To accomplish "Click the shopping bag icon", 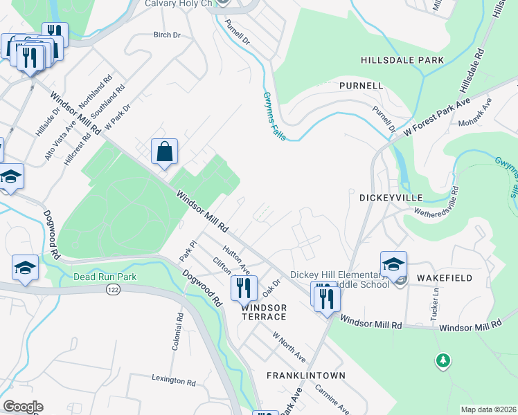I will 164,151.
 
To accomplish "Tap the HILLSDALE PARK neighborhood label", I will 402,61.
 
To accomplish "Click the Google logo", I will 22,407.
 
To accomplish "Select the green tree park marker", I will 443,360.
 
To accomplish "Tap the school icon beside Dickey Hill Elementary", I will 393,264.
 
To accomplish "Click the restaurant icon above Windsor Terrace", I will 244,287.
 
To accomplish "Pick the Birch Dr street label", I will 166,35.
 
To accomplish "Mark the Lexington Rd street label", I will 173,380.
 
